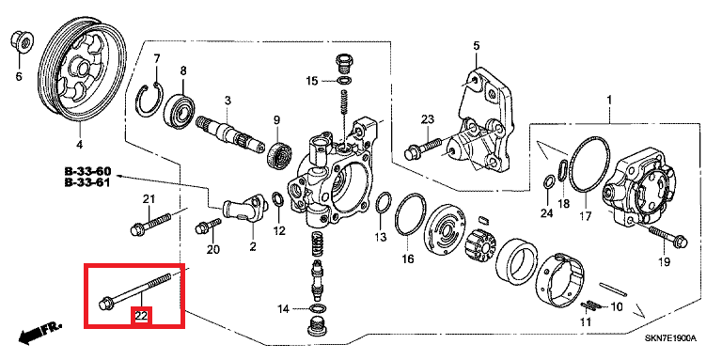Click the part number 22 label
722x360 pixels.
(141, 316)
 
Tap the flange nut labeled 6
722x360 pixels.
(22, 41)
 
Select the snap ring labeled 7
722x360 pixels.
(149, 99)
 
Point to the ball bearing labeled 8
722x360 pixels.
(180, 110)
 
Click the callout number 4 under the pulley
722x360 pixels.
(79, 145)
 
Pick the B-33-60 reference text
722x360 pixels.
(87, 172)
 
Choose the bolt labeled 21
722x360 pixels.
(151, 222)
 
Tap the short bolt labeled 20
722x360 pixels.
(209, 226)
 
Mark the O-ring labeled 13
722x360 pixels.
(384, 203)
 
